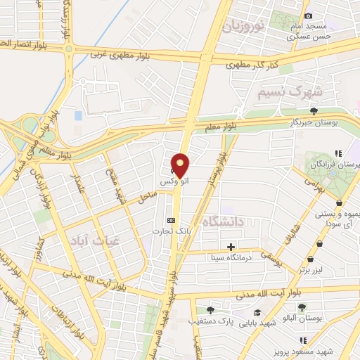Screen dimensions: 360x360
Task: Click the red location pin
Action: (x=180, y=166)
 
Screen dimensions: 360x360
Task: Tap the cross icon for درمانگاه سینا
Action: (x=231, y=247)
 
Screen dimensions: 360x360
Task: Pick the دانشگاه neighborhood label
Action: (x=222, y=222)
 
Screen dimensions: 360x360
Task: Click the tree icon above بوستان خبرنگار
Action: (x=314, y=110)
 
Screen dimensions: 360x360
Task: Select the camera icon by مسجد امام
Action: (x=308, y=16)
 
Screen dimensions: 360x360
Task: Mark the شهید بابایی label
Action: (x=257, y=323)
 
